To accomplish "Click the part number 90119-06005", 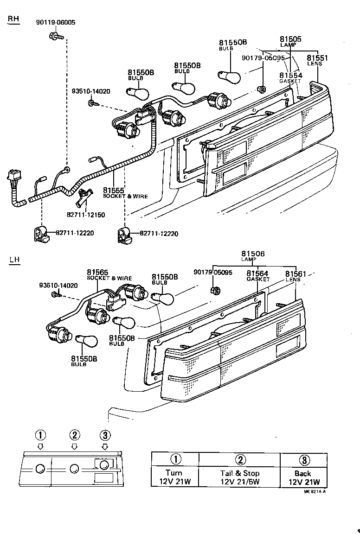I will pos(56,22).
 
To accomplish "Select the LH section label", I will pos(14,259).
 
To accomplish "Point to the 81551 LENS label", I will pos(317,60).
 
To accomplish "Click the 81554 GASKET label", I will pos(290,77).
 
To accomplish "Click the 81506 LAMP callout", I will pos(253,256).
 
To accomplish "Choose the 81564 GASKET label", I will pos(258,276).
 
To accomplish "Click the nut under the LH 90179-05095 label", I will pos(215,290).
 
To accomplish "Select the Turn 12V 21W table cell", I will pos(175,477).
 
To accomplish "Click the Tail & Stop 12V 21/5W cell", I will pos(239,477).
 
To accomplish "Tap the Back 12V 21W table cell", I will pos(303,477).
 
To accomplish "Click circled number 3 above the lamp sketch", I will pos(105,435).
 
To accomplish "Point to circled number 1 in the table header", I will pos(175,459).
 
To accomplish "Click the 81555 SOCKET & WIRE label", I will pos(125,193).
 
